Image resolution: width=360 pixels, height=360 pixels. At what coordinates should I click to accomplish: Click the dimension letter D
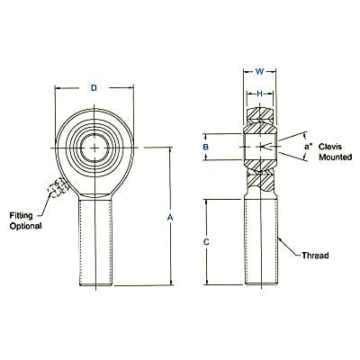(94, 88)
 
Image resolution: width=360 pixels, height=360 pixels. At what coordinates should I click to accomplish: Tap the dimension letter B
(206, 146)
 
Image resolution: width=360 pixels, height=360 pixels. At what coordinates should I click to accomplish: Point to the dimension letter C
(206, 242)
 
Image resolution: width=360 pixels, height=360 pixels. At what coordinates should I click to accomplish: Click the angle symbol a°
(307, 143)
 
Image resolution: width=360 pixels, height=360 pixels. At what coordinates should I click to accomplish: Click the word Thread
(316, 256)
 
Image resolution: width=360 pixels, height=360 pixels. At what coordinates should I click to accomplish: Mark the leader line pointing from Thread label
(288, 247)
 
